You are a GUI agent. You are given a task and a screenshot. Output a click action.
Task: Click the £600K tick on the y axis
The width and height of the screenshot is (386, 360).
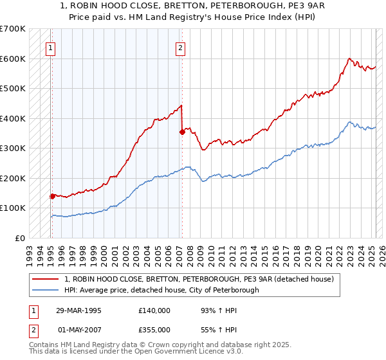14,59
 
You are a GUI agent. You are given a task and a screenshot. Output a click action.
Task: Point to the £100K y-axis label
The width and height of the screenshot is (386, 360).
14,208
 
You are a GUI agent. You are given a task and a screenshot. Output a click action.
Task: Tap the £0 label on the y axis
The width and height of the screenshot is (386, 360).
21,238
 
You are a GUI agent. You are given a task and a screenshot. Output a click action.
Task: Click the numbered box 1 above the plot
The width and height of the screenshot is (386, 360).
50,47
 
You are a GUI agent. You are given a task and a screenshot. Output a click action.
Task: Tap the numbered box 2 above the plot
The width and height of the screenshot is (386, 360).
181,47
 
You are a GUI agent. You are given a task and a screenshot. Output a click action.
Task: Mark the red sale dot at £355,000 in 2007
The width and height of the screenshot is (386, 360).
182,132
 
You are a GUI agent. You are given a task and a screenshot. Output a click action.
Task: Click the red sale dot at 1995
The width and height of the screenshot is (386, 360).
52,196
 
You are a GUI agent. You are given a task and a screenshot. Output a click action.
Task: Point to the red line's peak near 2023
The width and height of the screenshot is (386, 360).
349,59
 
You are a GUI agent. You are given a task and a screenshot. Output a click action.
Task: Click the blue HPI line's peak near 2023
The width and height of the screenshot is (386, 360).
349,122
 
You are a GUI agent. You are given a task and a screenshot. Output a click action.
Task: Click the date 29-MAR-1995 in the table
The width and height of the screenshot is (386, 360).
78,310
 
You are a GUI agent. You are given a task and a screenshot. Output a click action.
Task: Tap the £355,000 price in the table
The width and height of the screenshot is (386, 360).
154,329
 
